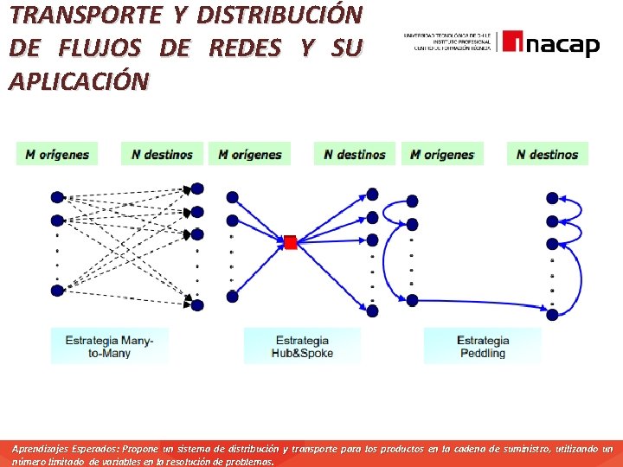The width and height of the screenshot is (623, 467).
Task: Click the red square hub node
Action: tap(291, 242)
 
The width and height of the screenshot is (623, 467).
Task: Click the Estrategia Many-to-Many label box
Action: tap(110, 347)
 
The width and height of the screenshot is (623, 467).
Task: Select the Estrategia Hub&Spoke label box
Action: tap(302, 347)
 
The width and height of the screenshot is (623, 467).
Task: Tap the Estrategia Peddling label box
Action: tap(483, 347)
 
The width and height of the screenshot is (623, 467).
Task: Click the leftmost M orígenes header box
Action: tap(57, 154)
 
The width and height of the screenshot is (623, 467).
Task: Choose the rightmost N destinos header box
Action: tap(547, 154)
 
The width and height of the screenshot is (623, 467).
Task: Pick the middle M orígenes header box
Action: tap(250, 154)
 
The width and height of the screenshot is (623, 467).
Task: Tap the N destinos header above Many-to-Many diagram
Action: tap(163, 154)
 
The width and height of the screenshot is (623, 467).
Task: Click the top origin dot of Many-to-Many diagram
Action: tap(57, 195)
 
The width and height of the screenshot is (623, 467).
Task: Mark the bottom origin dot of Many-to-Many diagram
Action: tap(57, 291)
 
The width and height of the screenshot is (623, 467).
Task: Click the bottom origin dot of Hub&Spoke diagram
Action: tap(232, 297)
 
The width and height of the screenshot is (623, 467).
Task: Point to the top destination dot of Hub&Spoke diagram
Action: tap(372, 193)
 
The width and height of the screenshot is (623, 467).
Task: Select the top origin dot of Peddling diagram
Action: tap(413, 201)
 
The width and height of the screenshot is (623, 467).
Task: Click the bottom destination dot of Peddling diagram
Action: tap(553, 306)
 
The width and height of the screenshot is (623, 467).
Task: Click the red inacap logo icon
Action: tap(512, 42)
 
